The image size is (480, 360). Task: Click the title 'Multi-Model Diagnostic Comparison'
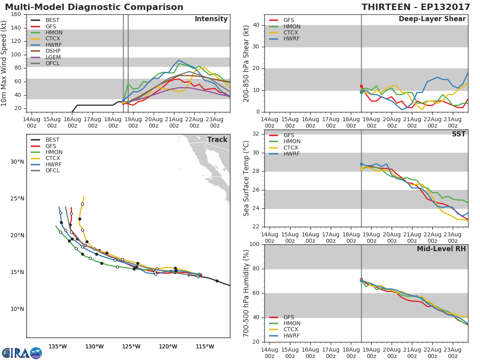[94, 7]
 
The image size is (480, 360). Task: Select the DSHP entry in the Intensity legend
[53, 51]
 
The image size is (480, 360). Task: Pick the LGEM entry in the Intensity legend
[53, 57]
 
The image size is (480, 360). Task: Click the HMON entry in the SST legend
[292, 142]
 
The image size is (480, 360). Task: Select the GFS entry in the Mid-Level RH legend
[289, 317]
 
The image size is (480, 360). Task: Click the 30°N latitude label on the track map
[17, 162]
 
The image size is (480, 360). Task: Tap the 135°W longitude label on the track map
[58, 346]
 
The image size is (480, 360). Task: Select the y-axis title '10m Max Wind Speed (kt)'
[4, 63]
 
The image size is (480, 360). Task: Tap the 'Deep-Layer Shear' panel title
[432, 19]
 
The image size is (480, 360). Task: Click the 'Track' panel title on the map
[217, 140]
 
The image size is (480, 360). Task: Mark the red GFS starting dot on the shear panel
[361, 86]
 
